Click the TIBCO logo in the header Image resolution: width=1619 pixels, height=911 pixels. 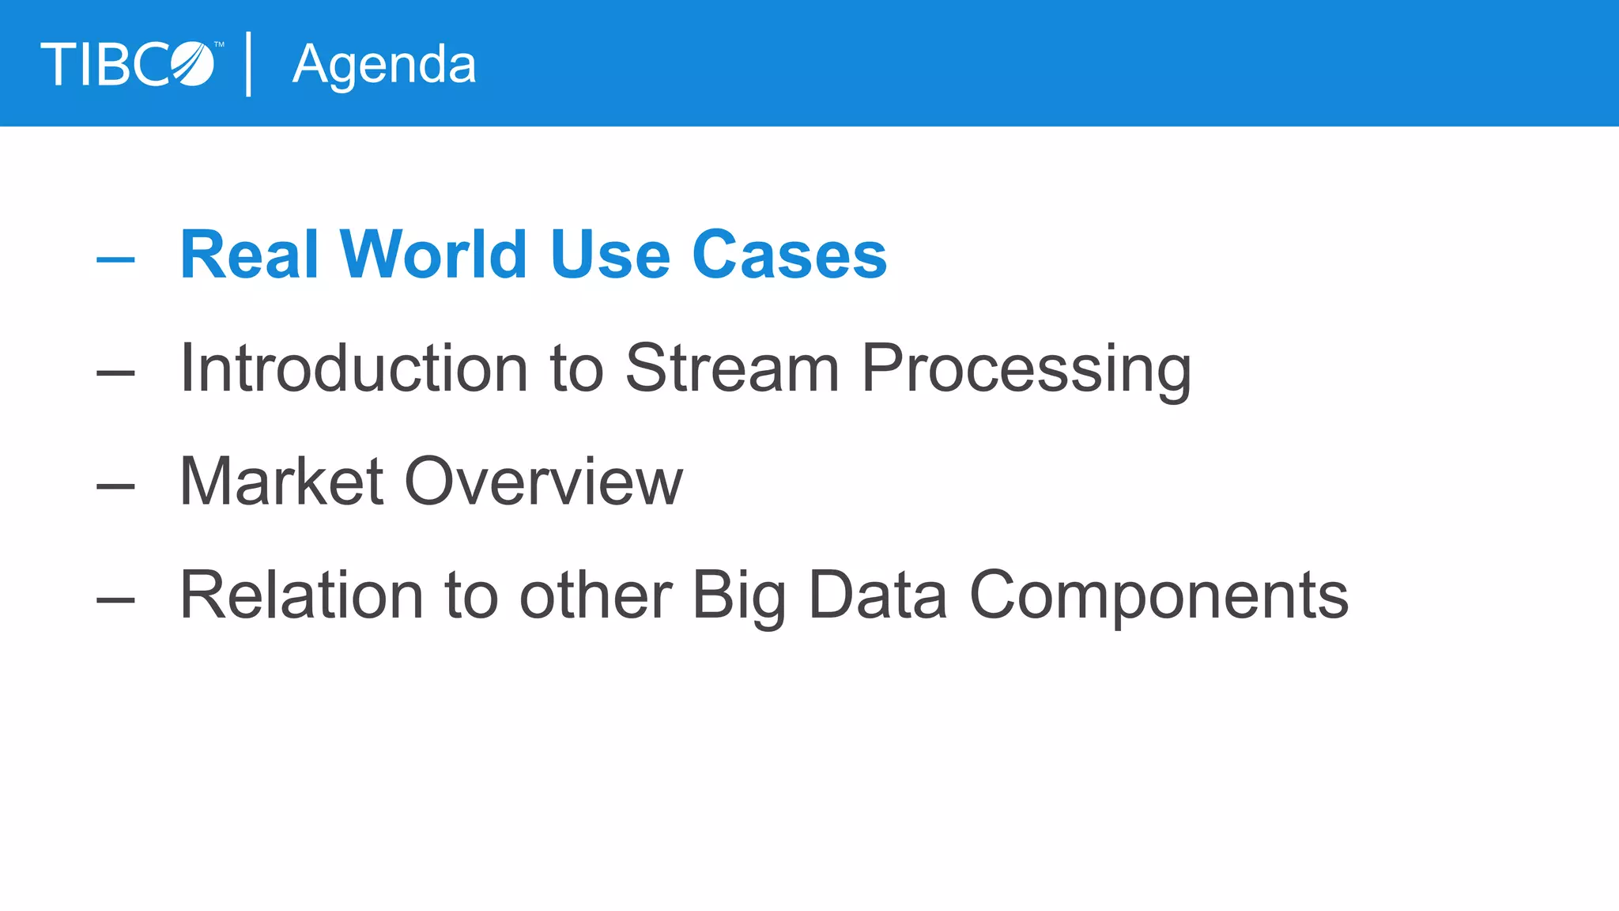pyautogui.click(x=128, y=64)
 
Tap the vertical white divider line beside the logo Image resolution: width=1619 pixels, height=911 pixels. pyautogui.click(x=249, y=64)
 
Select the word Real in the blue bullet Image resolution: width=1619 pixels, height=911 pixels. pyautogui.click(x=249, y=255)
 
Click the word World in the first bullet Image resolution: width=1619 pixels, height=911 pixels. pyautogui.click(x=433, y=255)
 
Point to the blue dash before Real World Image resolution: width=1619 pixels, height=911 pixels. pyautogui.click(x=115, y=259)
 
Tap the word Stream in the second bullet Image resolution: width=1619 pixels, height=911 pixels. pyautogui.click(x=732, y=368)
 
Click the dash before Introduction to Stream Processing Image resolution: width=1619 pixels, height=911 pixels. pyautogui.click(x=115, y=372)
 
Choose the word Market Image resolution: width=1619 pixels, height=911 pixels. pyautogui.click(x=281, y=482)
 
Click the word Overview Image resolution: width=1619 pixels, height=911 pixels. pyautogui.click(x=543, y=482)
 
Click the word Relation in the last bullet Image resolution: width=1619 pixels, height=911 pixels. pyautogui.click(x=301, y=595)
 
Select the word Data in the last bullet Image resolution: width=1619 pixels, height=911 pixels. pyautogui.click(x=877, y=595)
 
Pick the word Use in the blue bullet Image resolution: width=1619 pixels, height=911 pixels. pyautogui.click(x=610, y=255)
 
